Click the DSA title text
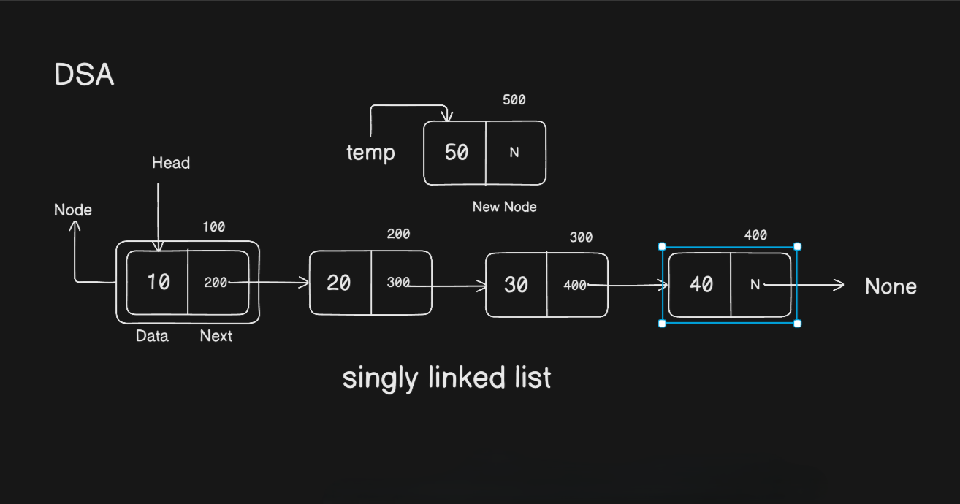(x=84, y=75)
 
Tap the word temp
(x=370, y=153)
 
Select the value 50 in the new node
(x=457, y=152)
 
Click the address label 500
(x=514, y=100)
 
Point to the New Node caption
(x=504, y=207)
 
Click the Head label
(x=170, y=163)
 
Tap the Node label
(x=73, y=210)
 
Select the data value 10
(x=159, y=282)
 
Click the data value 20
(x=338, y=283)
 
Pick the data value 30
(x=516, y=285)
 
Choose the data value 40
(x=701, y=284)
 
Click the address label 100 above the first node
(x=214, y=226)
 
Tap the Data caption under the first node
(x=152, y=336)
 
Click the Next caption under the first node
(x=216, y=336)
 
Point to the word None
(x=891, y=286)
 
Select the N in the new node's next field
(x=514, y=152)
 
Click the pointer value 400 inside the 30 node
(x=575, y=285)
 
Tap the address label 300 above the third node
(x=581, y=237)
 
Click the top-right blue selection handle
(x=798, y=246)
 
